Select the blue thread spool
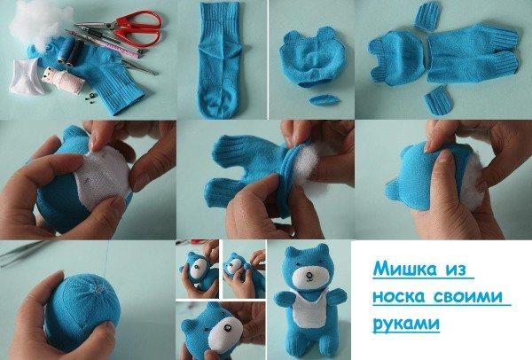[66, 51]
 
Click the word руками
[406, 323]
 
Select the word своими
[468, 296]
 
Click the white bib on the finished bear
[309, 308]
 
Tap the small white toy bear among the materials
[62, 80]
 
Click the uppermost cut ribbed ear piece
[426, 15]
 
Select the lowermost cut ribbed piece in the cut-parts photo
[438, 100]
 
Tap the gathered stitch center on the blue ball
[98, 289]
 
